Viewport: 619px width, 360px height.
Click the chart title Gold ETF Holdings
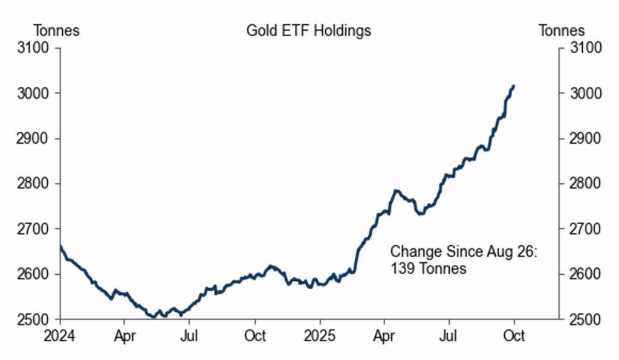(308, 31)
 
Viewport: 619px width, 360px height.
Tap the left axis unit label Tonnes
(57, 31)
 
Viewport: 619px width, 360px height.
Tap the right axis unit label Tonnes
(562, 31)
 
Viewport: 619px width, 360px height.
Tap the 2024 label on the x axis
(60, 335)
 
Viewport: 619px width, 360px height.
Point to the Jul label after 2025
(449, 335)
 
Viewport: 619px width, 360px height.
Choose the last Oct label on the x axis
(514, 335)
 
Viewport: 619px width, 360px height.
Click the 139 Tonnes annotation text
(428, 268)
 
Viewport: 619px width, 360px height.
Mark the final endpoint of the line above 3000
(514, 86)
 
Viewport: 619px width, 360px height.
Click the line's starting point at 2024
(60, 245)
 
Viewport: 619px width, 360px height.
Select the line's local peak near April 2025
(397, 191)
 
